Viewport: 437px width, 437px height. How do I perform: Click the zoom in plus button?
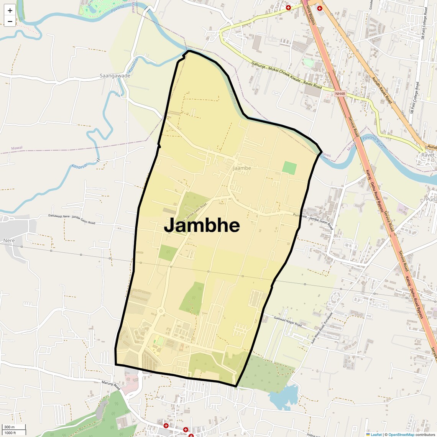[x=10, y=11]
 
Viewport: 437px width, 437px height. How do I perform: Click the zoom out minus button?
[x=10, y=21]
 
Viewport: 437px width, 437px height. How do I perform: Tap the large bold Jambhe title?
[x=202, y=225]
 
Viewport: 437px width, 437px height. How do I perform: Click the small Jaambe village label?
[x=242, y=168]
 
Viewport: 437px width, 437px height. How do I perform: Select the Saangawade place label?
[x=115, y=76]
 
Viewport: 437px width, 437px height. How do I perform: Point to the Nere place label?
[x=9, y=240]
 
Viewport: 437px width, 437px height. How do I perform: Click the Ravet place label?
[x=428, y=155]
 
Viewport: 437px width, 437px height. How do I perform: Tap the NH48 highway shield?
[x=340, y=94]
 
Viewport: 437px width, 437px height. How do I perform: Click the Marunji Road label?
[x=111, y=385]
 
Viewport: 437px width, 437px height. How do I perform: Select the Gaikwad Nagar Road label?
[x=288, y=321]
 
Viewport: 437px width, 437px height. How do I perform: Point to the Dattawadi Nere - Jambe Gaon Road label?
[x=72, y=219]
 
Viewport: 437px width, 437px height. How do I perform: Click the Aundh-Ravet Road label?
[x=382, y=90]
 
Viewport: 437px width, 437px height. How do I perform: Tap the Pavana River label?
[x=373, y=141]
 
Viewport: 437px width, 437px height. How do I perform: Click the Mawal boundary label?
[x=17, y=148]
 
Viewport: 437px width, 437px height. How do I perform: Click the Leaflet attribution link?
[x=376, y=434]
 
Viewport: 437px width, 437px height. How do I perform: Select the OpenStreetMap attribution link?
[x=401, y=434]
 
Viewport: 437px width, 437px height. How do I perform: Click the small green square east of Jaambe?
[x=289, y=168]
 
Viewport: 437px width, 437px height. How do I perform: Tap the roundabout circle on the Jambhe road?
[x=161, y=311]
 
